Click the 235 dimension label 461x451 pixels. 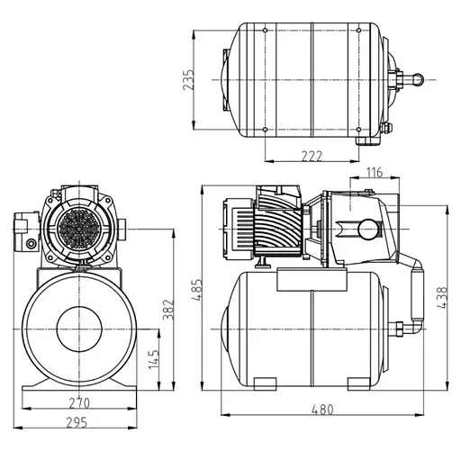tap(188, 80)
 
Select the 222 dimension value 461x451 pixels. tap(311, 157)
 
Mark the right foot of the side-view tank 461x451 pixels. tap(364, 385)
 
